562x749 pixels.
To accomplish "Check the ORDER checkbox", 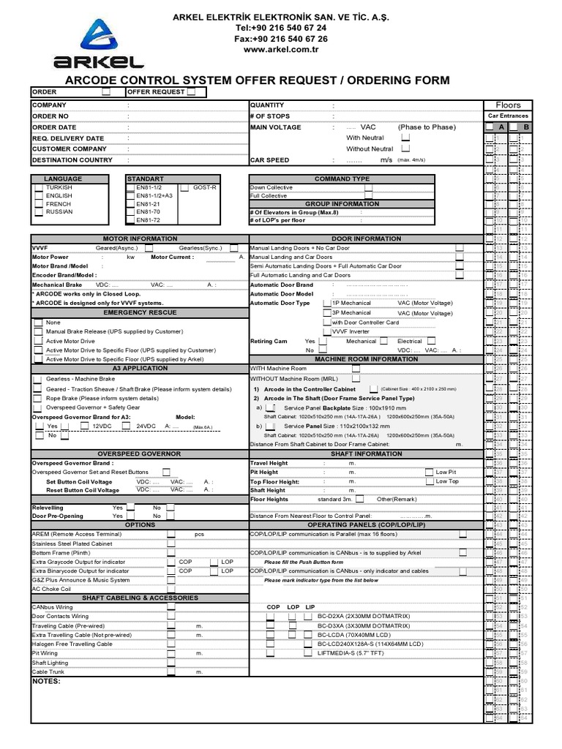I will (106, 92).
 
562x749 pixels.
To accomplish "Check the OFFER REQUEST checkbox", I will (191, 92).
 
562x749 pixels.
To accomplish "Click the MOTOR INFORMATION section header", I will (140, 238).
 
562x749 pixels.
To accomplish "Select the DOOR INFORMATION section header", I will (365, 238).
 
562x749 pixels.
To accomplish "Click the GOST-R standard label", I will (205, 188).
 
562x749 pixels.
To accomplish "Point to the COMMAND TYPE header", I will (342, 178).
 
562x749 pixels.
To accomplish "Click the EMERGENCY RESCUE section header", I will (140, 312).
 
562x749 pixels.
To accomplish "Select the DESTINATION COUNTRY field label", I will (72, 160).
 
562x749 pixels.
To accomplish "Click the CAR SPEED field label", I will (269, 160).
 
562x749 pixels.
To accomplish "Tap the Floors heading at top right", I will (508, 105).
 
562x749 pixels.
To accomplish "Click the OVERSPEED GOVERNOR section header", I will (140, 454).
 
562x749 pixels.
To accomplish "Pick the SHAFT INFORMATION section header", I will (365, 454).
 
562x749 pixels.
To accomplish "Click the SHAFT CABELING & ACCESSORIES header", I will (140, 598).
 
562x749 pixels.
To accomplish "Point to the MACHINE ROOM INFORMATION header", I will (365, 359).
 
